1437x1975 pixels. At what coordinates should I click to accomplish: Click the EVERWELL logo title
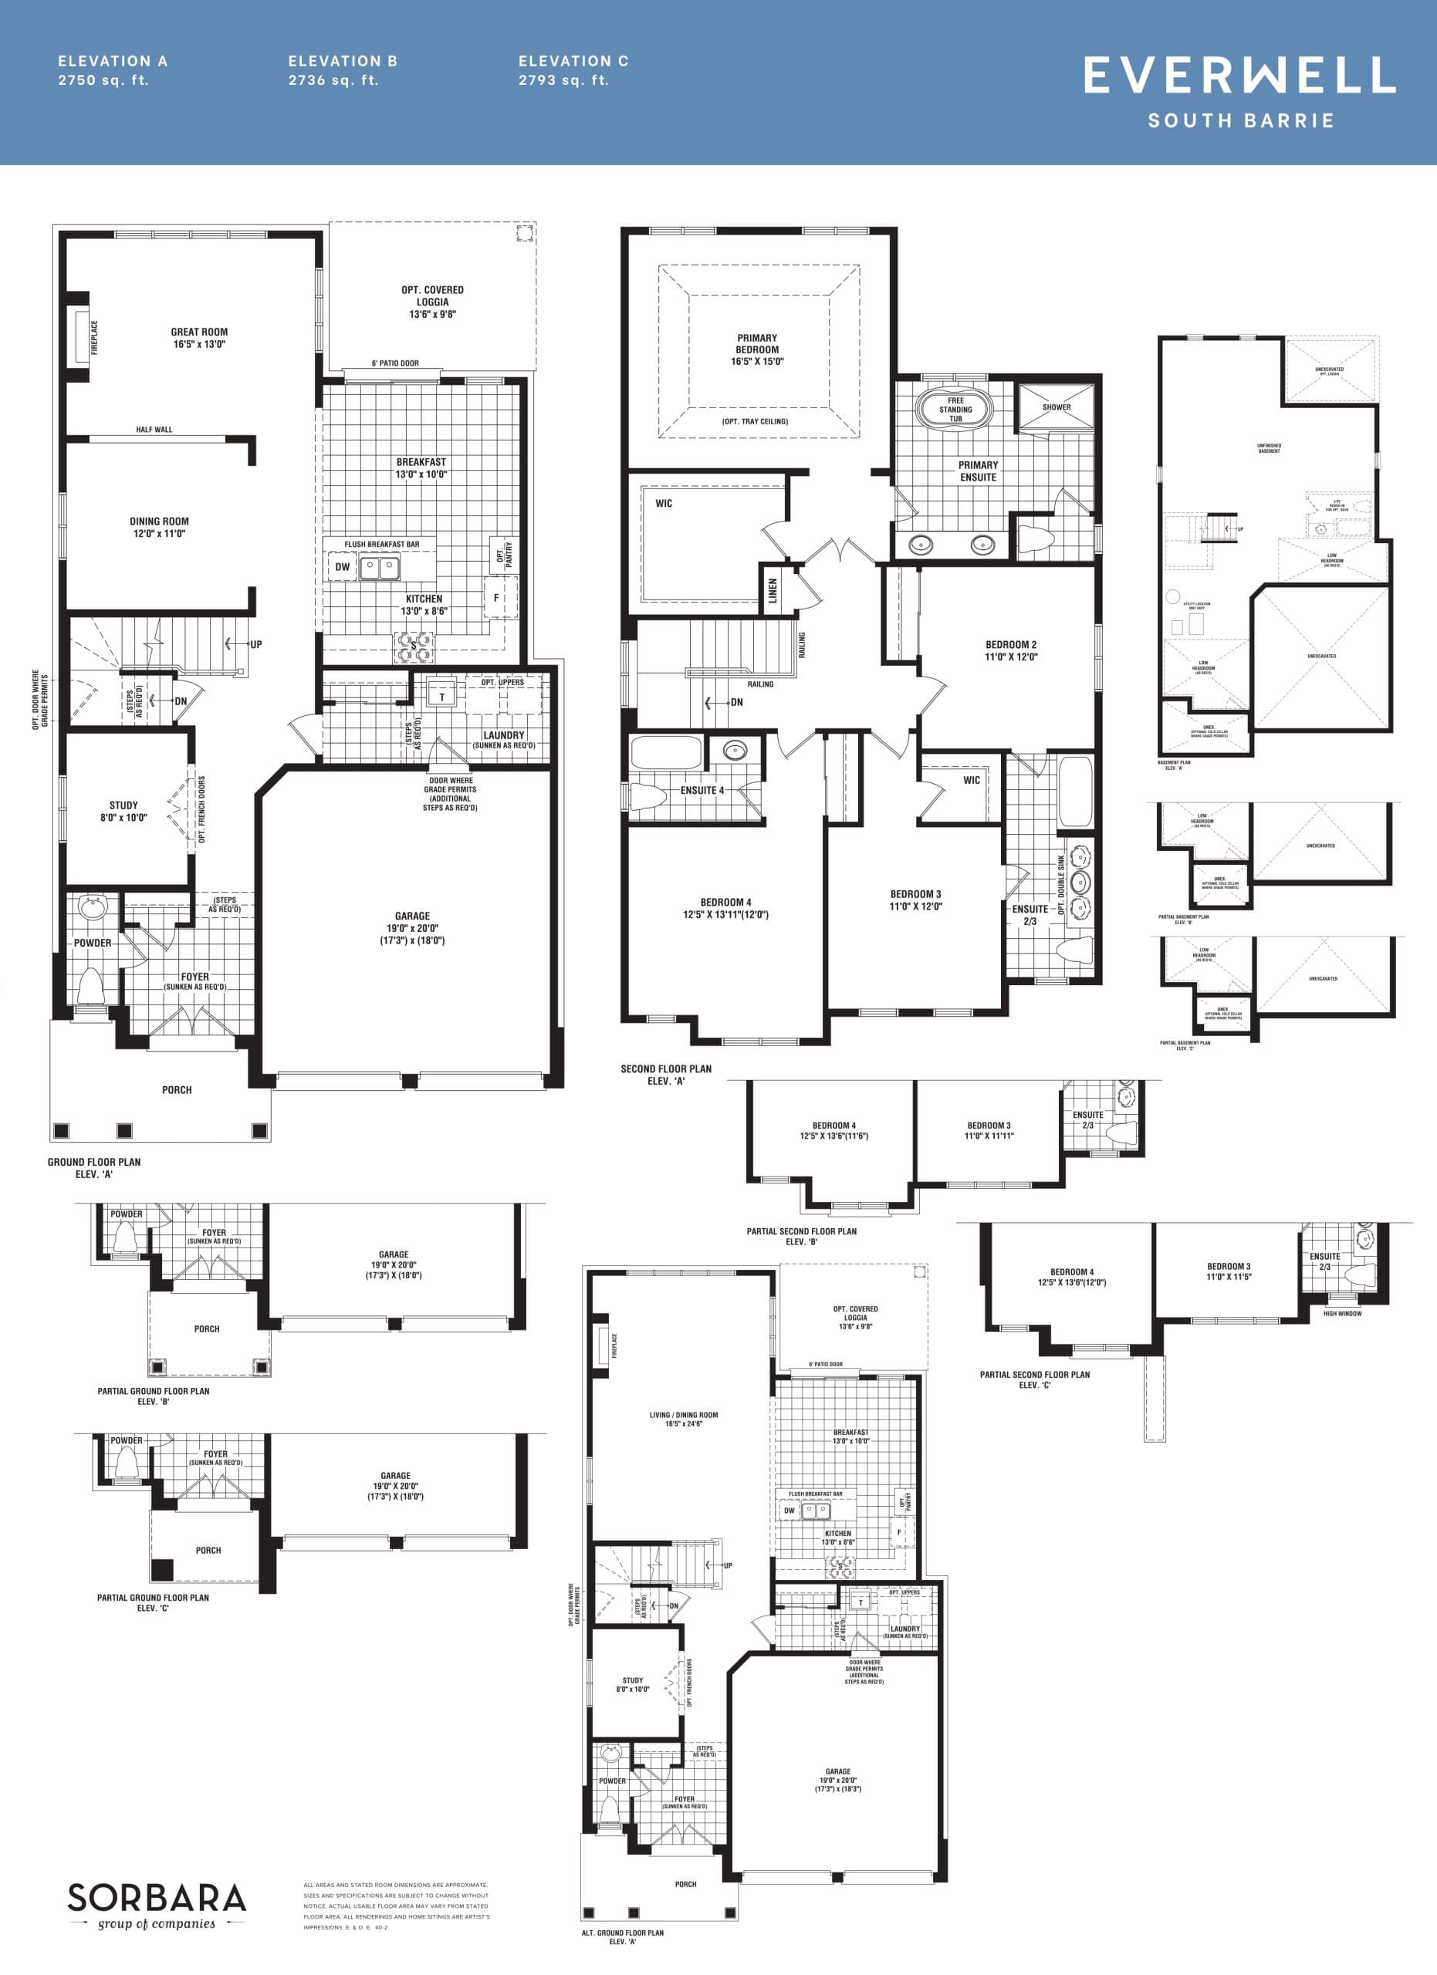pos(1239,75)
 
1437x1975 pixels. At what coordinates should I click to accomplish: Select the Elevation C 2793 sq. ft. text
pos(573,70)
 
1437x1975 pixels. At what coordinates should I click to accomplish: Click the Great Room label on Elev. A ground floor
pos(198,338)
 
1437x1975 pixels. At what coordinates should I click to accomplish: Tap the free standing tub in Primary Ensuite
pos(955,408)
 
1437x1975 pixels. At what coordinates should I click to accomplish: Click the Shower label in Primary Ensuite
pos(1057,407)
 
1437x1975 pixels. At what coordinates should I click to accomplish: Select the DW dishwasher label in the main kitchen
pos(342,567)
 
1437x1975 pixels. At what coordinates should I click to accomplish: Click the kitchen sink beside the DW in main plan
pos(380,568)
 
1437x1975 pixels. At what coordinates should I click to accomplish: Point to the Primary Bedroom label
pos(757,349)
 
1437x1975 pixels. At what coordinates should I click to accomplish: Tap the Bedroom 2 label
pos(1010,650)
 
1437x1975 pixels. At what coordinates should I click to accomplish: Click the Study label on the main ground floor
pos(123,811)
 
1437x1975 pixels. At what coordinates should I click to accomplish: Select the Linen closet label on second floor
pos(773,591)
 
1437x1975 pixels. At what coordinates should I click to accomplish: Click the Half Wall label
pos(154,429)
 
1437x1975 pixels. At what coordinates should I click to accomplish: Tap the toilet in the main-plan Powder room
pos(90,985)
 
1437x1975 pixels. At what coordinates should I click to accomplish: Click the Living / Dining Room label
pos(684,1419)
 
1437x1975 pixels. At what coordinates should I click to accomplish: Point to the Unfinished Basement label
pos(1269,448)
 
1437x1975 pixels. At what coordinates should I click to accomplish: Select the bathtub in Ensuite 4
pos(666,751)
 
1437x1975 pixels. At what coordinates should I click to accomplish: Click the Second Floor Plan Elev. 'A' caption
pos(665,1075)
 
